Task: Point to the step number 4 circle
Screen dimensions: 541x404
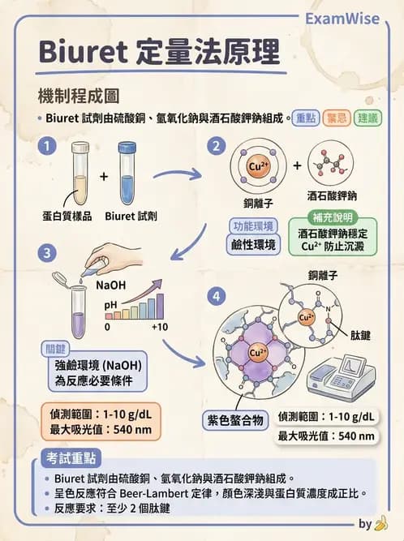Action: pyautogui.click(x=216, y=297)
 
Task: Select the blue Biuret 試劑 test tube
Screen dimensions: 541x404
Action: pyautogui.click(x=127, y=173)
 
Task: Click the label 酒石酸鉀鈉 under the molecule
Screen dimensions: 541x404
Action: pyautogui.click(x=333, y=196)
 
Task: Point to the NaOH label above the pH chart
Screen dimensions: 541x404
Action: pyautogui.click(x=110, y=286)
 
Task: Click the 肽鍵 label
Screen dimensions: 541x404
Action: pyautogui.click(x=361, y=334)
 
